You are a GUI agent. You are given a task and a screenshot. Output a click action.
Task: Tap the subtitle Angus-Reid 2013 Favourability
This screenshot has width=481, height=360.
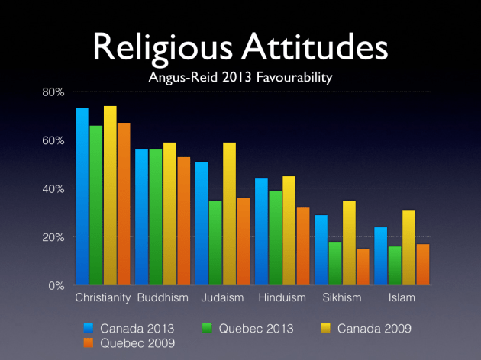click(240, 77)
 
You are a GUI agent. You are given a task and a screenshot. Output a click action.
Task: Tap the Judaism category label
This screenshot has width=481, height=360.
click(222, 297)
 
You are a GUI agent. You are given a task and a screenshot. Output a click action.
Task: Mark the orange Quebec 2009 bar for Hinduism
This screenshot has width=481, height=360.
click(302, 246)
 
